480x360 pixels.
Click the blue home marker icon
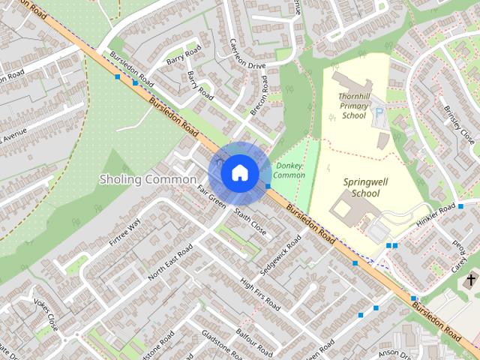(x=239, y=173)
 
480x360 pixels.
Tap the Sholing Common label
(x=148, y=180)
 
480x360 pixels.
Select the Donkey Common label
(x=289, y=170)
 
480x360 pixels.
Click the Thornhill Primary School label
(x=354, y=106)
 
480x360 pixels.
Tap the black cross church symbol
(x=471, y=281)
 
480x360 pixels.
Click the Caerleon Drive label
(x=247, y=55)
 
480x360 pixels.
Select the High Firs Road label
(x=259, y=295)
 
